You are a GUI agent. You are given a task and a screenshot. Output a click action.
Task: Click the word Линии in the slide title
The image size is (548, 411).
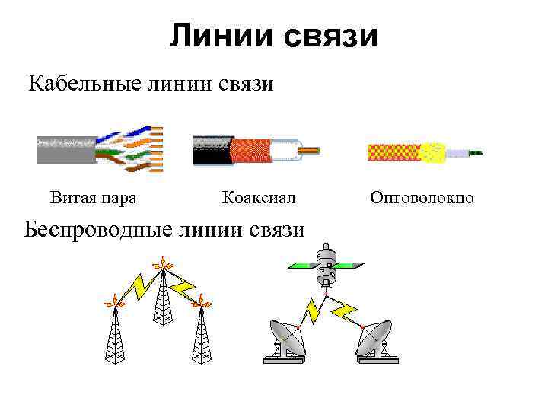(221, 35)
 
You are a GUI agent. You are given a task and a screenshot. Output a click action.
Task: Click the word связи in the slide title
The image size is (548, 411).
(330, 37)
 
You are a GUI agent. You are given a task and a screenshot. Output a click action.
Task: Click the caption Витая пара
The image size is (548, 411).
(94, 198)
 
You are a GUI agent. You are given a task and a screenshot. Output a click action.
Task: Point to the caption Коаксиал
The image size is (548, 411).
(258, 198)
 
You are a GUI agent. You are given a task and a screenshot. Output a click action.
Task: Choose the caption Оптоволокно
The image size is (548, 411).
(422, 198)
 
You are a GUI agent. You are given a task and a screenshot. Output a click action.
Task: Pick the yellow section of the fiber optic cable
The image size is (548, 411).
(434, 152)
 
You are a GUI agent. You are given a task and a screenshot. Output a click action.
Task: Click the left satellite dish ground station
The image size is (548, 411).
(286, 339)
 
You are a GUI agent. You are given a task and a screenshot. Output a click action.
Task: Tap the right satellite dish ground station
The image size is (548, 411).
(373, 339)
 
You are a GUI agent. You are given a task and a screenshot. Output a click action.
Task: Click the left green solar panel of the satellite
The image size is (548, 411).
(304, 266)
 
